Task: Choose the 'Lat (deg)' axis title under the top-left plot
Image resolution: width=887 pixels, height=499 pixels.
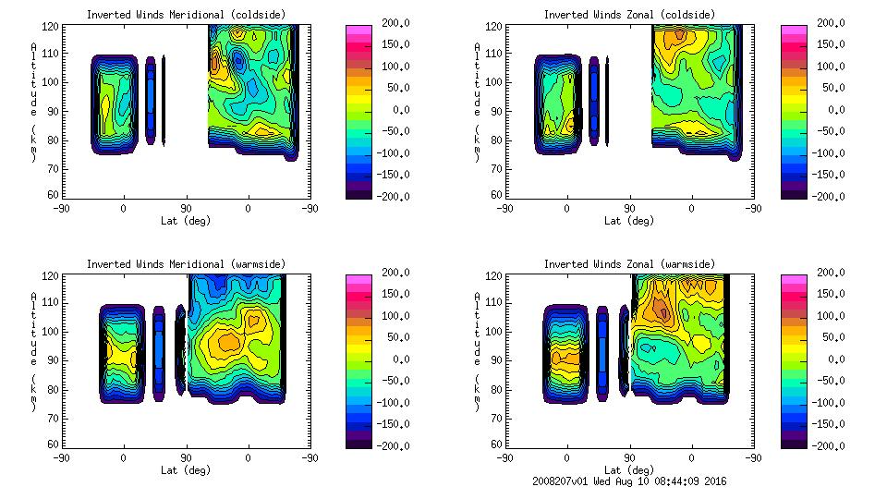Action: click(185, 221)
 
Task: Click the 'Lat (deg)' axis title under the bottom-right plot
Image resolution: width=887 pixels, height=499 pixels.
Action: click(627, 469)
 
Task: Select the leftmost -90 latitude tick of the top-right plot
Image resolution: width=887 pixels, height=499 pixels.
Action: click(504, 208)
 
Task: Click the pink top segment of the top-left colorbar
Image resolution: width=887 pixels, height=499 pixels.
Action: click(357, 30)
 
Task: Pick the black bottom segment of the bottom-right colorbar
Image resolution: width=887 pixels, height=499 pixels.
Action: click(792, 442)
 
